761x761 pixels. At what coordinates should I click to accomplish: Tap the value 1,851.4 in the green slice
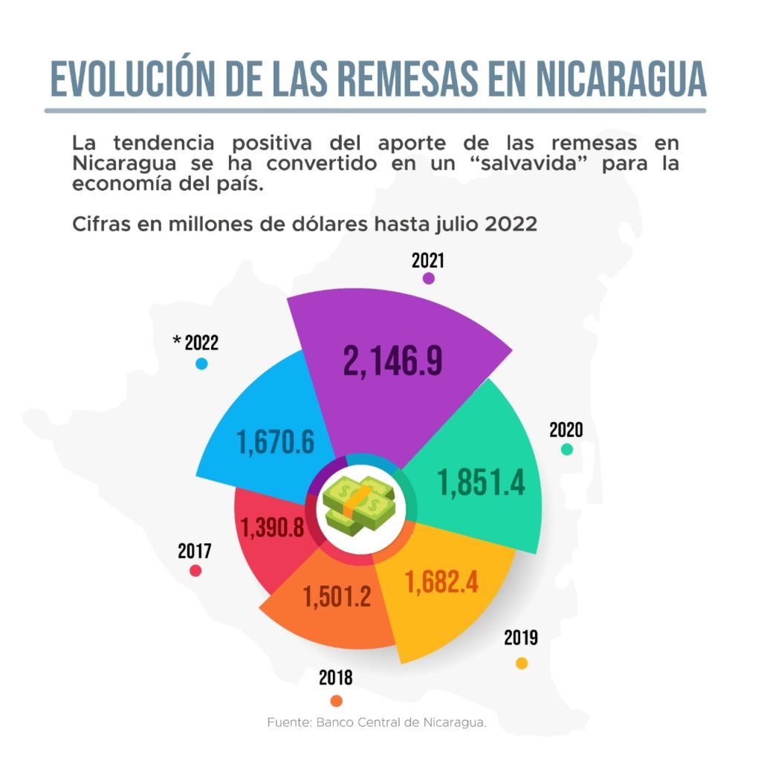482,482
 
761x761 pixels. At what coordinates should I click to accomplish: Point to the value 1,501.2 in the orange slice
337,595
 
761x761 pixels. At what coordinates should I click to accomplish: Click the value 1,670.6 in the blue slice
276,443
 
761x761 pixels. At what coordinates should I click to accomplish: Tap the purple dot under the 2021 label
428,278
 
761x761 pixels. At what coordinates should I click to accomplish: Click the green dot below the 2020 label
567,449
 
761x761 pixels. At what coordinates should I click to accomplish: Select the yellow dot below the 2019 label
522,663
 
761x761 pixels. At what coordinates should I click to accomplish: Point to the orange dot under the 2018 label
336,700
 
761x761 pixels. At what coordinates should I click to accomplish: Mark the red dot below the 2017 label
195,570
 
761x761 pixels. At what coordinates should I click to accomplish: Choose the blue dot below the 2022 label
201,364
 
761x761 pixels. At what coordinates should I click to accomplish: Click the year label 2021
427,260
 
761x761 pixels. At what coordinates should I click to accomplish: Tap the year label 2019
521,638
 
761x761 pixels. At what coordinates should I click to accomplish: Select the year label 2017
195,551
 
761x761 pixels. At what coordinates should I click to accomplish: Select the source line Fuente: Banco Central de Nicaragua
377,722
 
